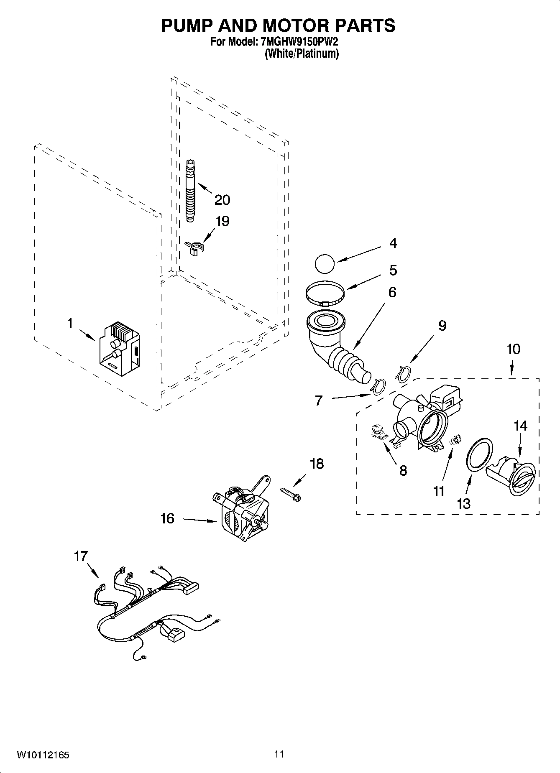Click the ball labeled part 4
coord(325,265)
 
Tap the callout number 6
coord(392,292)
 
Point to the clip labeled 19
coord(194,247)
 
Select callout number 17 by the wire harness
coord(81,556)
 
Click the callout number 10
coord(513,349)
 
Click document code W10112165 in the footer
coord(43,755)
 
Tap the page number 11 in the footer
coord(279,754)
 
